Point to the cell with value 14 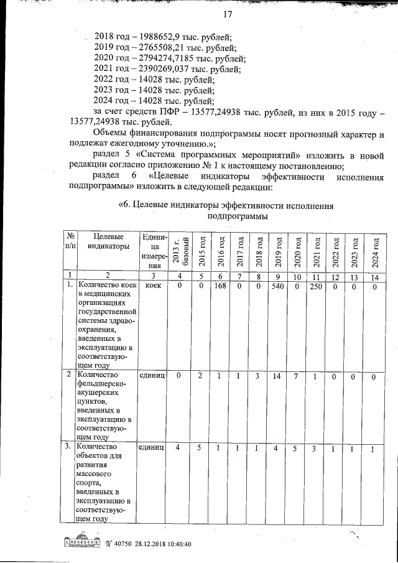(277, 376)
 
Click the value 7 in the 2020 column (297, 376)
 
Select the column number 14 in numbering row (374, 276)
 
